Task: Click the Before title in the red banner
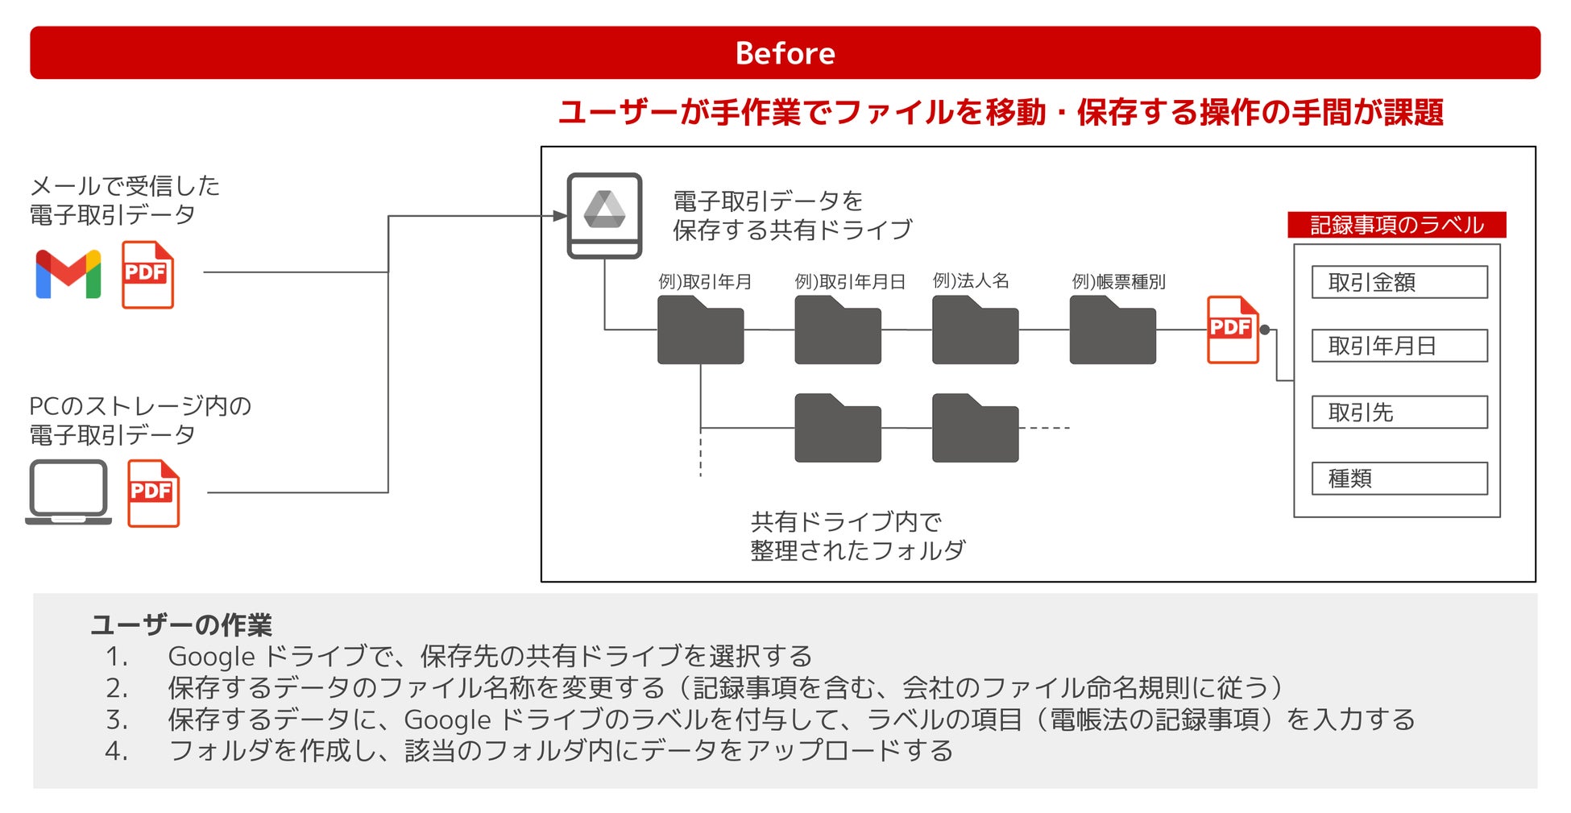[x=785, y=53]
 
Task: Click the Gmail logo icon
[x=68, y=274]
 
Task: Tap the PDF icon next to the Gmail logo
[x=147, y=275]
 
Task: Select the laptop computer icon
[x=68, y=492]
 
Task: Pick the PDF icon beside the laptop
[x=153, y=493]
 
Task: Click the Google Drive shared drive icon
[x=604, y=215]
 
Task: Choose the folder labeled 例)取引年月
[x=700, y=330]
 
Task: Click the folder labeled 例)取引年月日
[x=837, y=330]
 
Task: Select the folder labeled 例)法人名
[x=975, y=330]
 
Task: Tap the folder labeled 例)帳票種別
[x=1113, y=330]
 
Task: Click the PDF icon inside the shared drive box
[x=1232, y=330]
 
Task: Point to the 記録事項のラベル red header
[x=1396, y=225]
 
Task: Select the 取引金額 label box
[x=1399, y=282]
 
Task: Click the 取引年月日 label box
[x=1399, y=346]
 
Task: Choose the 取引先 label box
[x=1399, y=412]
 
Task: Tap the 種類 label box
[x=1399, y=479]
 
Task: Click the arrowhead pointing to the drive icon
[x=561, y=216]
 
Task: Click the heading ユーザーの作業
[x=181, y=624]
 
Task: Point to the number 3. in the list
[x=117, y=720]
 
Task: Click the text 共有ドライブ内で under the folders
[x=846, y=521]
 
